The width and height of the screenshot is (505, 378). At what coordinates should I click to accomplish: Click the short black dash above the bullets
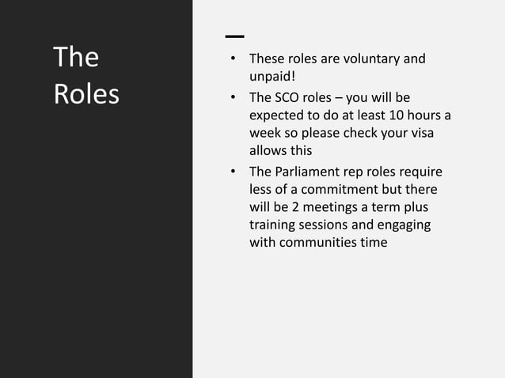click(x=234, y=36)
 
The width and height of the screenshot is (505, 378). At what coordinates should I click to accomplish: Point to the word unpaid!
click(x=272, y=77)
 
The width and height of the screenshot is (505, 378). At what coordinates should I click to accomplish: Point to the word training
click(x=273, y=225)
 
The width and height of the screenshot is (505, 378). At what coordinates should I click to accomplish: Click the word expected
click(x=275, y=115)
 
